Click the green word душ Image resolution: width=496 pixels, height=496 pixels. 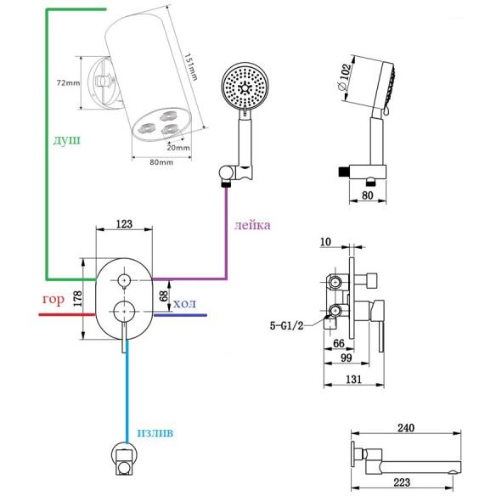pyautogui.click(x=67, y=140)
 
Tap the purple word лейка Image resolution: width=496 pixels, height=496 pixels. pyautogui.click(x=252, y=225)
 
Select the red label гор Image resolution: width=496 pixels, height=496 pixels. pyautogui.click(x=54, y=299)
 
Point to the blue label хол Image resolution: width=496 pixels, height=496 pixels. pyautogui.click(x=185, y=304)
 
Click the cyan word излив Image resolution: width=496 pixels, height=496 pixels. pyautogui.click(x=155, y=432)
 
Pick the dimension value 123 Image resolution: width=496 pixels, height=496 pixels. pyautogui.click(x=124, y=224)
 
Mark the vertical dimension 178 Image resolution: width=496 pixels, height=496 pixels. pyautogui.click(x=77, y=298)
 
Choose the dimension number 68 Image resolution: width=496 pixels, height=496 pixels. pyautogui.click(x=164, y=296)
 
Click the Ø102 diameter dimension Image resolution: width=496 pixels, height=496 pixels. pyautogui.click(x=345, y=77)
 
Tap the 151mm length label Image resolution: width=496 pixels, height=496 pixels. pyautogui.click(x=191, y=67)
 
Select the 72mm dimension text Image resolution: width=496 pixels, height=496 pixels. pyautogui.click(x=68, y=83)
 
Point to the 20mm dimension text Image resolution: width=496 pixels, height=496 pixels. pyautogui.click(x=178, y=148)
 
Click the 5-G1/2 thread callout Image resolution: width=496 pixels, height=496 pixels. pyautogui.click(x=286, y=325)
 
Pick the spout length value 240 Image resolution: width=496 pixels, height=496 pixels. pyautogui.click(x=406, y=428)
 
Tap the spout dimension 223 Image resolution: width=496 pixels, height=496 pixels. pyautogui.click(x=402, y=482)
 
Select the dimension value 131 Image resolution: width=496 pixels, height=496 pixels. pyautogui.click(x=353, y=379)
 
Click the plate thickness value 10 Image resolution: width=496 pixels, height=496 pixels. pyautogui.click(x=325, y=242)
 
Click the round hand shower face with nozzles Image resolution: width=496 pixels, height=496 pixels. pyautogui.click(x=245, y=86)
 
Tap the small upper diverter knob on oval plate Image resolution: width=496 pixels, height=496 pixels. pyautogui.click(x=124, y=280)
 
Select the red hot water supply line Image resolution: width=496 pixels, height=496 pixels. pyautogui.click(x=67, y=315)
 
